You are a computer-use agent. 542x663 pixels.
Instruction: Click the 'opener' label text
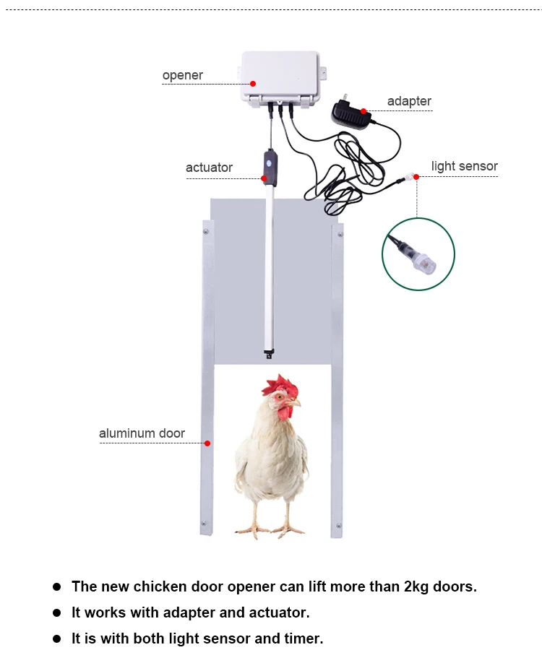tap(182, 75)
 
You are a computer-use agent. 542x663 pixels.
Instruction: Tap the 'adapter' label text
tap(409, 101)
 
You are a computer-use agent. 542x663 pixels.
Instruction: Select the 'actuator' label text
tap(209, 168)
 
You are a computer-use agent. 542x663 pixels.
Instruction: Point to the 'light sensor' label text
tap(464, 166)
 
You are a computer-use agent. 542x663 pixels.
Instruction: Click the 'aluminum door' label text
tap(142, 433)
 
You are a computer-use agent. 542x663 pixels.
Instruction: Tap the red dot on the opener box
tap(253, 84)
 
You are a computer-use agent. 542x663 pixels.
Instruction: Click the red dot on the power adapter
tap(364, 111)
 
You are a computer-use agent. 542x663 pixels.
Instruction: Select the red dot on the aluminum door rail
tap(207, 443)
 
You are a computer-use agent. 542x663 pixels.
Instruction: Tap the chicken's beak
tap(295, 402)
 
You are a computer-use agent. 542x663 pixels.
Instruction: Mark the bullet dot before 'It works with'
tap(56, 613)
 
